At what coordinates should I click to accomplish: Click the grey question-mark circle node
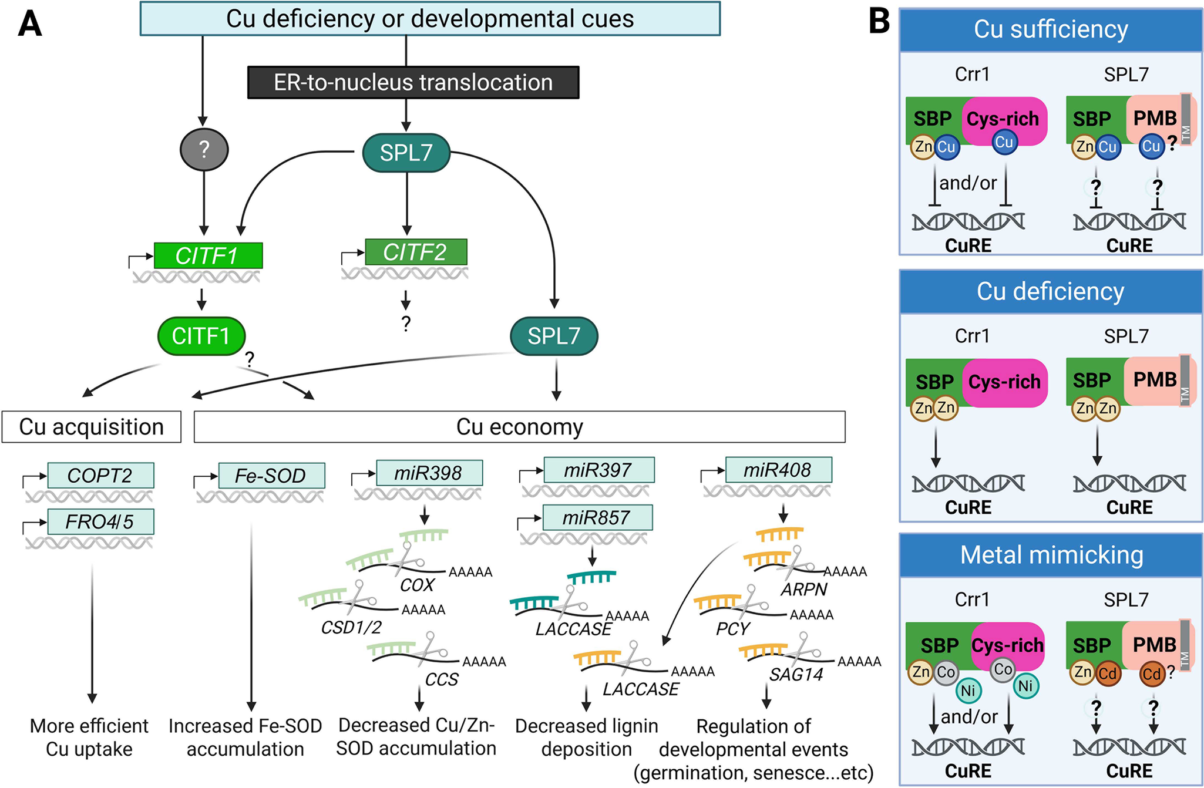tap(204, 150)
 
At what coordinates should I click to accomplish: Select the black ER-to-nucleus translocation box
tap(413, 82)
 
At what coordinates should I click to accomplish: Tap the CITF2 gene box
tap(416, 252)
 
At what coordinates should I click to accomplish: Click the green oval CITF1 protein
tap(201, 336)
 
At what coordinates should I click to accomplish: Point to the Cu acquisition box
tap(91, 427)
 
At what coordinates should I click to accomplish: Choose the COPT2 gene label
tap(100, 475)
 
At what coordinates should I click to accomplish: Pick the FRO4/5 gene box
tap(100, 521)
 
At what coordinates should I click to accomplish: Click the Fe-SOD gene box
tap(271, 475)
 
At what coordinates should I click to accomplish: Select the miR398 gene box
tap(429, 473)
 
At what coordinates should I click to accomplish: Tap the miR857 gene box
tap(597, 517)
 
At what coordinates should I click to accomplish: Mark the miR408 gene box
tap(778, 470)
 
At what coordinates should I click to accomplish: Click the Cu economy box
tap(519, 427)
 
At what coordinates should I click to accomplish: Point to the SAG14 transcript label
tap(796, 675)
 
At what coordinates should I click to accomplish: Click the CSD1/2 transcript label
tap(351, 628)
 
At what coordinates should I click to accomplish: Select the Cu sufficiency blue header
tap(1050, 29)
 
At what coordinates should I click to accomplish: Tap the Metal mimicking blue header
tap(1051, 555)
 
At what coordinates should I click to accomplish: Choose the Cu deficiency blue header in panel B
tap(1050, 291)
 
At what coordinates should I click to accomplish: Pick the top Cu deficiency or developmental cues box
tap(430, 19)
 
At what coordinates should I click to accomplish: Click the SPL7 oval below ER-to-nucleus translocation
tap(406, 153)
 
